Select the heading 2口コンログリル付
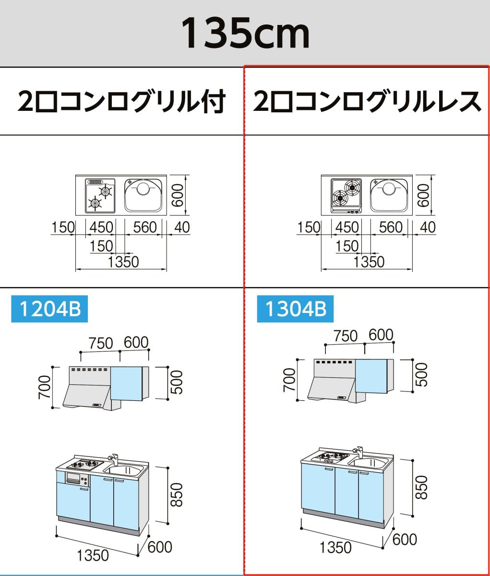pos(121,102)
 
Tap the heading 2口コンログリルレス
pos(367,102)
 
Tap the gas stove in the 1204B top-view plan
pos(100,195)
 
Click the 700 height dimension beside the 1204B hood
pos(44,387)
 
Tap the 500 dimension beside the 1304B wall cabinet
pos(421,375)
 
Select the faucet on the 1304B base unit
pos(358,452)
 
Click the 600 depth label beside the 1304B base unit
pos(404,539)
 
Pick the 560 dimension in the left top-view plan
pos(145,227)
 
